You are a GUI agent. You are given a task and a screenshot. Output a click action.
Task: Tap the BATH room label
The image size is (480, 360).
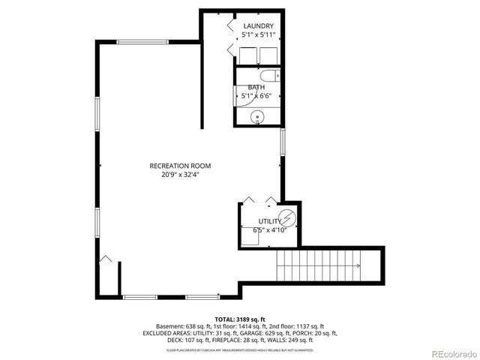coord(256,87)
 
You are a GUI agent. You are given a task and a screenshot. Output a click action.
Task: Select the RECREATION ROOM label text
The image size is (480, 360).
coord(180,166)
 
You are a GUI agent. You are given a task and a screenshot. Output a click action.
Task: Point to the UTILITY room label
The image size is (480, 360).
coord(269,221)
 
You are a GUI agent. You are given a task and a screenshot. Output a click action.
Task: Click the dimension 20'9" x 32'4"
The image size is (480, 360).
coord(180,175)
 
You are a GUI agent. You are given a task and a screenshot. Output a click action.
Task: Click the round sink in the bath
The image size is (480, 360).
coord(257,117)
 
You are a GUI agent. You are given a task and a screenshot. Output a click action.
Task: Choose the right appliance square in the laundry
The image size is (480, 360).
coord(268,55)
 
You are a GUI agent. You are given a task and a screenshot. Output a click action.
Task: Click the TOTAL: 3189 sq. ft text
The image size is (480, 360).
coord(240,319)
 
